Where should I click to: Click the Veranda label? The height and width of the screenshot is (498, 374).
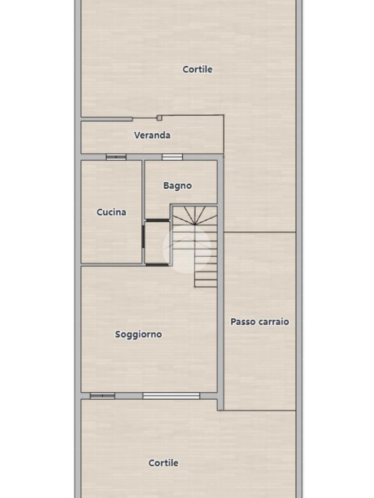coord(152,135)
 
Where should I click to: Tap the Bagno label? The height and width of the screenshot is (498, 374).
coord(177,186)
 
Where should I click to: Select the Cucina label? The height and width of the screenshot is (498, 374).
coord(112,212)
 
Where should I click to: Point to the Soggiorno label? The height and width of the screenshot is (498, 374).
coord(138,335)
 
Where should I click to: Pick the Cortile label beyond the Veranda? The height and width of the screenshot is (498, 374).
coord(198,69)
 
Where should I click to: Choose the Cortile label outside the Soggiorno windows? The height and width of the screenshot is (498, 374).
coord(164,463)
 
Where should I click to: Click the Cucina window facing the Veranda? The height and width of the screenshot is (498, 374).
coord(116,157)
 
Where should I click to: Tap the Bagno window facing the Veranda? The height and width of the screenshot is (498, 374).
coord(172,157)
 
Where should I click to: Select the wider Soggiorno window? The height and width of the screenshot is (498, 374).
coord(171,396)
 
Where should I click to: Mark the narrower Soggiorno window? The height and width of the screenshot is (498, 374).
coord(102,396)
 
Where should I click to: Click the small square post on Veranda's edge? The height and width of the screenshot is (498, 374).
coord(159,118)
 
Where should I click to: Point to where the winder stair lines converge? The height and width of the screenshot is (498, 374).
coord(195,225)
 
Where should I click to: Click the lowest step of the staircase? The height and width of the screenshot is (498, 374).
coord(206,284)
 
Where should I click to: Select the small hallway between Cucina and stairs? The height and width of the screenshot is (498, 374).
coord(157,242)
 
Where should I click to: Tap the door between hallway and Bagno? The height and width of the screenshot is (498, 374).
coord(157,220)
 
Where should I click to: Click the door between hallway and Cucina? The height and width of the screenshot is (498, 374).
coord(144,236)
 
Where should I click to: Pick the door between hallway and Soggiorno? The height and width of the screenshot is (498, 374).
coord(157,265)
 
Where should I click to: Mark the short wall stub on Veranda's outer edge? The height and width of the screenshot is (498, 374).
coord(107,119)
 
